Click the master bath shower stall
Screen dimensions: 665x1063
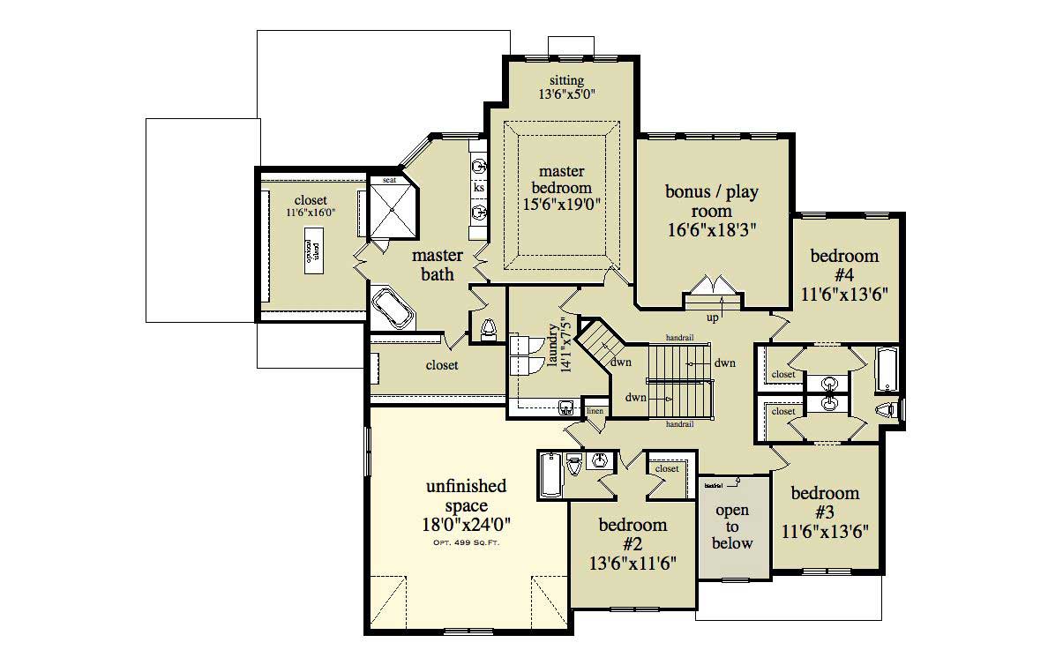coord(390,210)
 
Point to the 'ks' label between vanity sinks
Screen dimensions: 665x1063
coord(479,188)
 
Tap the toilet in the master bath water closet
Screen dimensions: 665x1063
coord(489,328)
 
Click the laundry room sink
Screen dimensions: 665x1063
coord(565,407)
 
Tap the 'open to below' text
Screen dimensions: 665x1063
coord(732,527)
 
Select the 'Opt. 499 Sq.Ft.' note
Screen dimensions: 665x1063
coord(466,542)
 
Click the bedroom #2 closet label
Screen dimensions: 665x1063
coord(667,469)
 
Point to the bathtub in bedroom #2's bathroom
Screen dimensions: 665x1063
coord(550,476)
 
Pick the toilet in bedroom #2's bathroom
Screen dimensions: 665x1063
coord(573,464)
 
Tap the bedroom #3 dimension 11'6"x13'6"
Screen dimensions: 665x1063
coord(825,531)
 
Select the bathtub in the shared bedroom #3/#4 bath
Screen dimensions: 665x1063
coord(884,370)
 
